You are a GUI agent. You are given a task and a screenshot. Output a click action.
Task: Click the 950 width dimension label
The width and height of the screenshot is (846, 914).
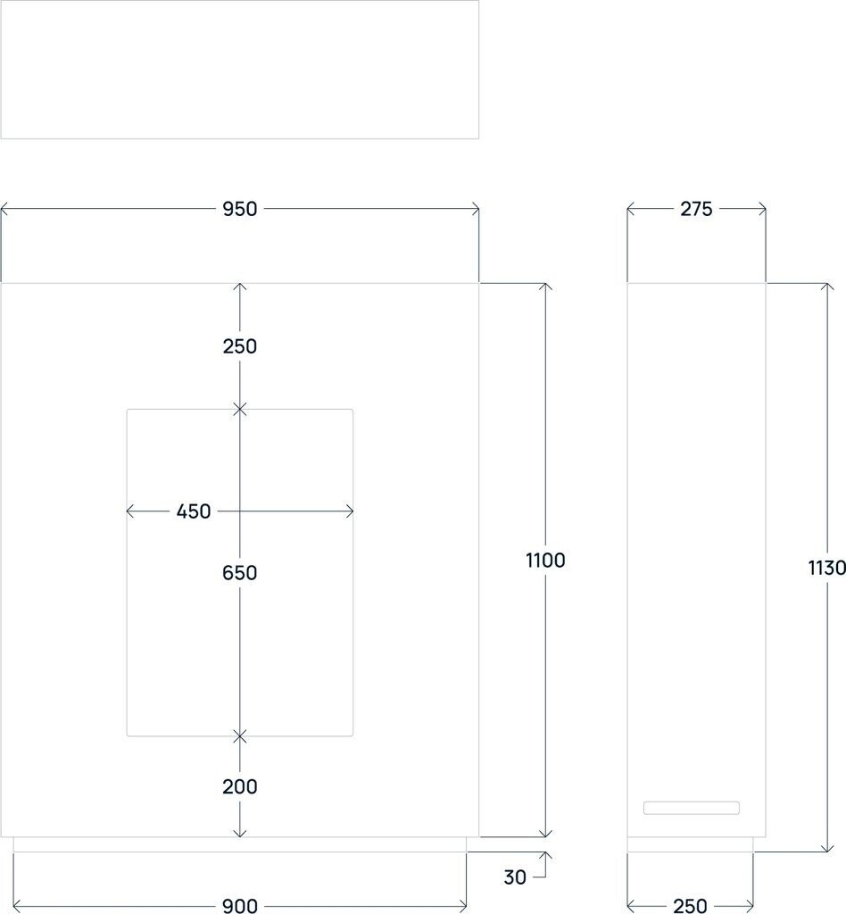pyautogui.click(x=239, y=209)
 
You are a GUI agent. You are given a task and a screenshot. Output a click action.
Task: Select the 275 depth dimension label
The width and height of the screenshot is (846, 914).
pyautogui.click(x=696, y=209)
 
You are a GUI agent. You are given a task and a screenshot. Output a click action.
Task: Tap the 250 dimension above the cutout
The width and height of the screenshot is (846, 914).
pyautogui.click(x=239, y=346)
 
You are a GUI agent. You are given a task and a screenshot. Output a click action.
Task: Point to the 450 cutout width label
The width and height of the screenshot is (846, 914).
pyautogui.click(x=194, y=511)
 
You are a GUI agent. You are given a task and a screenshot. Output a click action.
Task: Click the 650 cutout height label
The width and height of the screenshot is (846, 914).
pyautogui.click(x=239, y=573)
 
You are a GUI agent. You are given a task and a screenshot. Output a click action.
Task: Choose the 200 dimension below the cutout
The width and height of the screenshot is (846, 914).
pyautogui.click(x=239, y=786)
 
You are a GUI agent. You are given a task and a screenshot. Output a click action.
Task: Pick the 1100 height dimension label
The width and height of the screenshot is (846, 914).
pyautogui.click(x=546, y=561)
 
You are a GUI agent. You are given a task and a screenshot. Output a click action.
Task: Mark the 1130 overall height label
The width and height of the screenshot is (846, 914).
pyautogui.click(x=826, y=568)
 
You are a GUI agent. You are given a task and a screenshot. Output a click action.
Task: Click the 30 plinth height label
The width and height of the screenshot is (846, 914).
pyautogui.click(x=515, y=877)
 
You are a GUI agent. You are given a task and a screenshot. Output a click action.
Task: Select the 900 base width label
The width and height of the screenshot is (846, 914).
pyautogui.click(x=239, y=906)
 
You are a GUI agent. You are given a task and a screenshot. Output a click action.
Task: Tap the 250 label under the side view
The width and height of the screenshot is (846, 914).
pyautogui.click(x=690, y=906)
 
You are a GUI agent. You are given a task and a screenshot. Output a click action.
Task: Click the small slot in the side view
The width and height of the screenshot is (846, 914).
pyautogui.click(x=692, y=808)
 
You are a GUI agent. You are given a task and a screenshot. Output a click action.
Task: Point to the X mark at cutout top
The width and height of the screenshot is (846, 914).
pyautogui.click(x=239, y=410)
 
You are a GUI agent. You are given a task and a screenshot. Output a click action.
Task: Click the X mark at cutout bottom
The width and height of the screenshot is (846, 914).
pyautogui.click(x=239, y=736)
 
